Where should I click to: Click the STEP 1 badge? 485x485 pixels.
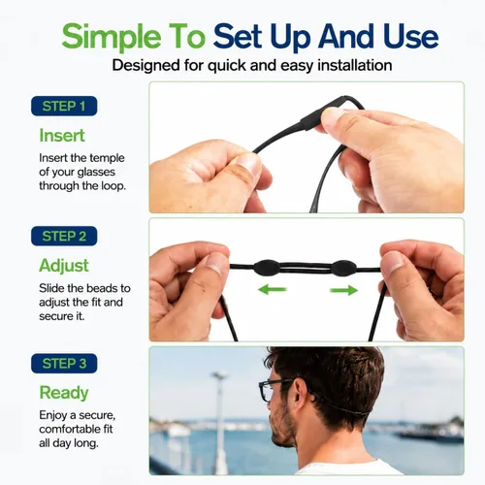pyautogui.click(x=64, y=106)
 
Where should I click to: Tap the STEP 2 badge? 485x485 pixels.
pyautogui.click(x=64, y=236)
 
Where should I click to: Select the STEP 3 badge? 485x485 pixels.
pyautogui.click(x=64, y=364)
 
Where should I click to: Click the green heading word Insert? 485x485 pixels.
pyautogui.click(x=62, y=135)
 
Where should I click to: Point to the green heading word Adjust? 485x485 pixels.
pyautogui.click(x=64, y=266)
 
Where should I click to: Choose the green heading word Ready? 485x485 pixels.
pyautogui.click(x=64, y=393)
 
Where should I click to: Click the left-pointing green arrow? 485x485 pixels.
pyautogui.click(x=273, y=289)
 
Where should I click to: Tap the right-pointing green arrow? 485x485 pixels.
pyautogui.click(x=343, y=290)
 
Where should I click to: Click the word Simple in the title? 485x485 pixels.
pyautogui.click(x=112, y=37)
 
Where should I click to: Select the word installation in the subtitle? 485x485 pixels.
pyautogui.click(x=355, y=65)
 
